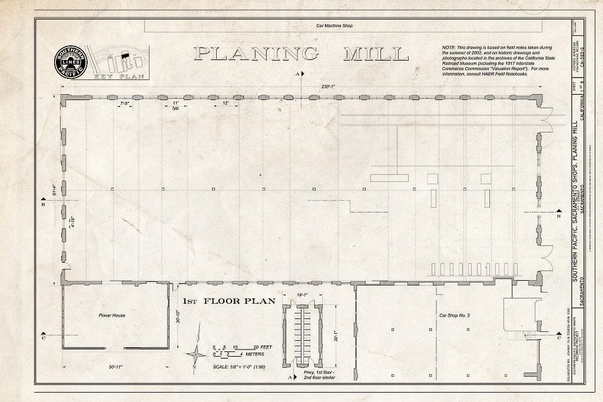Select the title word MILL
pos(370,54)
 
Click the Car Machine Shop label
pos(334,26)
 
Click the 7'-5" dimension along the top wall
pos(125,103)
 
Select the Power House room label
pos(111,315)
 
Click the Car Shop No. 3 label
pos(454,315)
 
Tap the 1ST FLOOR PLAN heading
pos(228,301)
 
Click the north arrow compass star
pos(196,354)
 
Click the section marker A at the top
pos(297,74)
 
